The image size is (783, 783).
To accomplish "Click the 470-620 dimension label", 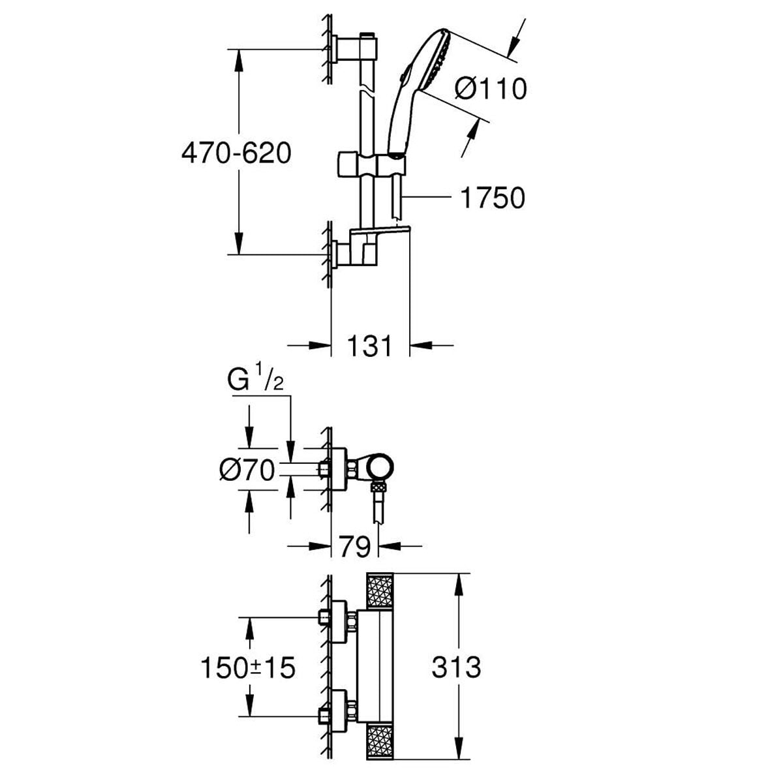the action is [236, 154].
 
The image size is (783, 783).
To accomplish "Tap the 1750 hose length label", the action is [492, 198].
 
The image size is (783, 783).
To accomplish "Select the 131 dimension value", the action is [369, 346].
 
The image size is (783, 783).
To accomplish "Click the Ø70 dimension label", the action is [247, 471].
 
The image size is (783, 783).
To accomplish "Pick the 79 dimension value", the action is [355, 546].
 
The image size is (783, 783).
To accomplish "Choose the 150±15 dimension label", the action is [248, 668].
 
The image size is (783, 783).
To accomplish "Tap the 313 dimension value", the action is [456, 667].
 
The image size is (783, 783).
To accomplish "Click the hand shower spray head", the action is [437, 61].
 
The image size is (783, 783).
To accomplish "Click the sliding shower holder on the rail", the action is [371, 164].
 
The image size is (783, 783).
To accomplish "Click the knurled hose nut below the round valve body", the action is [379, 487].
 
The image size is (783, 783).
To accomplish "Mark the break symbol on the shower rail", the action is [369, 90].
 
